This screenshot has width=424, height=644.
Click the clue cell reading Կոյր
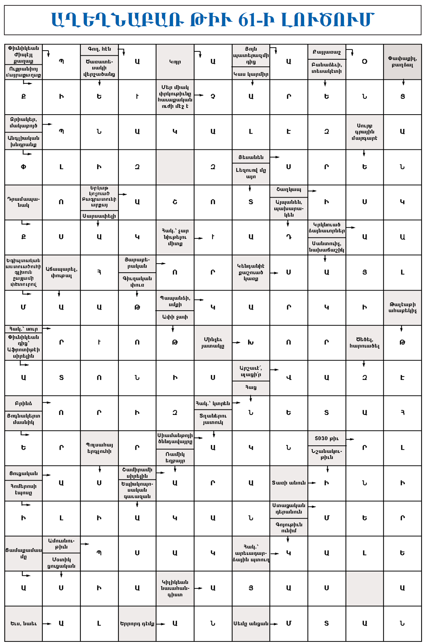coord(175,62)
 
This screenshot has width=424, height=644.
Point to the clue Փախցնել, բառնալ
coord(402,62)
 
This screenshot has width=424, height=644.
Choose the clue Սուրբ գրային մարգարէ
coord(364,132)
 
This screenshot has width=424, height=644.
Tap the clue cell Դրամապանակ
coord(23,202)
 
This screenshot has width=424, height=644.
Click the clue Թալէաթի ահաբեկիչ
coord(402,307)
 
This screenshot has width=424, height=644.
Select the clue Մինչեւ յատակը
coord(213,342)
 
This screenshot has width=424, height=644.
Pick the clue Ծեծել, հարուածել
coord(364,342)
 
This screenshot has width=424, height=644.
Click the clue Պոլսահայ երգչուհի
coord(99,448)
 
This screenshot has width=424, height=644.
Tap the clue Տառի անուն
coord(288,483)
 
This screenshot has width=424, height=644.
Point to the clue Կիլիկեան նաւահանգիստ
coord(175,588)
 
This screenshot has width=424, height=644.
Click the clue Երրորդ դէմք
coord(137,624)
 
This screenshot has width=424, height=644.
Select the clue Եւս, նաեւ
coord(23,624)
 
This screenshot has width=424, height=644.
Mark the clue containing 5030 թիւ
coord(327,438)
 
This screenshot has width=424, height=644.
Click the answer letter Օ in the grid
coord(364,62)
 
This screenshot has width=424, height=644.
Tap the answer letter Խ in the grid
coord(251,342)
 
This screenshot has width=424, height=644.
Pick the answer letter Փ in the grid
coord(23,167)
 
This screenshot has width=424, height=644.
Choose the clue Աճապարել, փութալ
coord(61,272)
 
